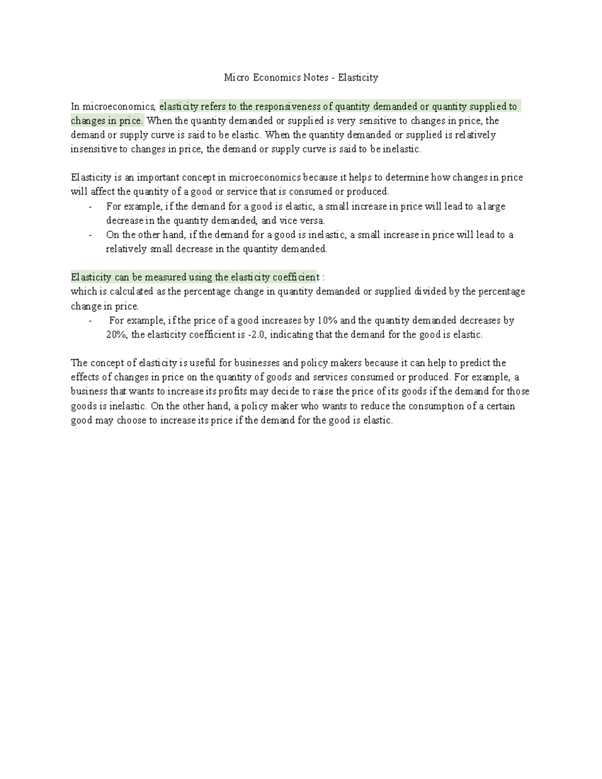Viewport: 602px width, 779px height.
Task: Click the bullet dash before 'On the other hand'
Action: pyautogui.click(x=90, y=235)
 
